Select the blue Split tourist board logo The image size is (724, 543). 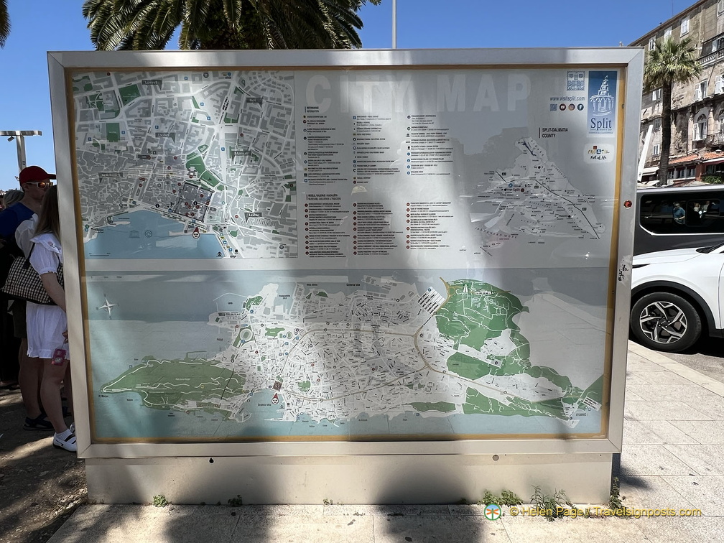602,103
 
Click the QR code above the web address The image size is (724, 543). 575,81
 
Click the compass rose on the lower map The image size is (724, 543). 107,307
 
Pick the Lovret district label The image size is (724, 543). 152,83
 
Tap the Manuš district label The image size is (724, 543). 241,153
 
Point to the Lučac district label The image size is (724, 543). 253,215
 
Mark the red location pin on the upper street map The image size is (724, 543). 195,232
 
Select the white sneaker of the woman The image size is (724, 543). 65,440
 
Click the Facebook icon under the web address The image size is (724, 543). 581,107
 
